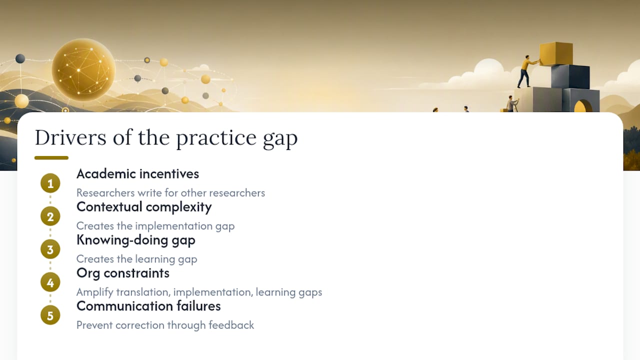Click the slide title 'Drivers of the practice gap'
point(166,138)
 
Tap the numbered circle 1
point(50,183)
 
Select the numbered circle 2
point(50,216)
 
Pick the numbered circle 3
point(50,249)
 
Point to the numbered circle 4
point(50,282)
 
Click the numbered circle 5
point(50,315)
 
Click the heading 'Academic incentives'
point(137,173)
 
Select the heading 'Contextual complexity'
point(144,207)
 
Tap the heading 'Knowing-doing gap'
point(136,240)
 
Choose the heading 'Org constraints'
point(123,273)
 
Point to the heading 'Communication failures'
point(148,306)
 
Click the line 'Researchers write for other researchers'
point(171,193)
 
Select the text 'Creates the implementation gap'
point(155,226)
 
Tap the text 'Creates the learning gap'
point(137,259)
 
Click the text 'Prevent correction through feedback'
point(165,325)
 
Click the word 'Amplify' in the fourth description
point(95,292)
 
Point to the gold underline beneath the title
point(51,157)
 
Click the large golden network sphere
point(83,70)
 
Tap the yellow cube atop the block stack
point(556,53)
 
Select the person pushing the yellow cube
point(526,71)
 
